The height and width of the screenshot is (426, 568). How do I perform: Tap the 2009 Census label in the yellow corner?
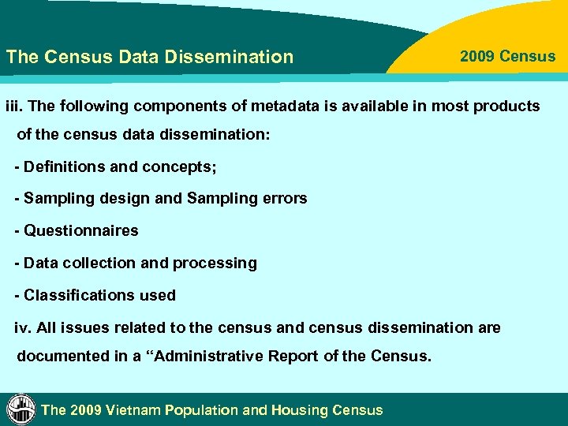507,56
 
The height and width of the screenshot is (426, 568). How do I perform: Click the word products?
506,106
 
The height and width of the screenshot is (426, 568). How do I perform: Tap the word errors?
283,199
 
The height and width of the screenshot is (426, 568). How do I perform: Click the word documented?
61,356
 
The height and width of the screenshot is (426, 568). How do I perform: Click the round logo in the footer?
21,409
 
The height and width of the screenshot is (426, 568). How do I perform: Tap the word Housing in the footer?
300,410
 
